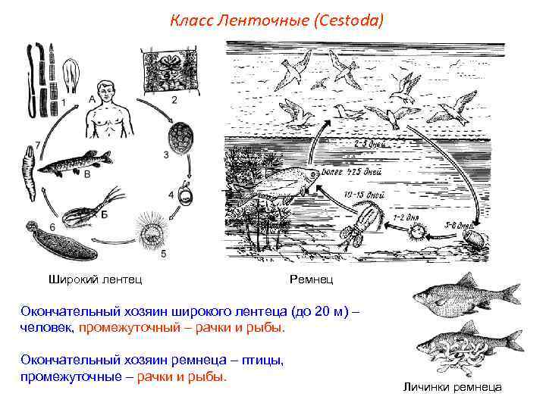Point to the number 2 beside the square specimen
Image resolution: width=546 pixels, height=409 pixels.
tap(174, 99)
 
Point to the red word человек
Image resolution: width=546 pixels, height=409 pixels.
tap(46, 329)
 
